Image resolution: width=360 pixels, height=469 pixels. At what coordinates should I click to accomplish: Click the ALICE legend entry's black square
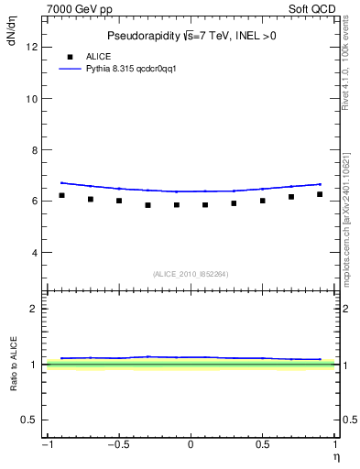pyautogui.click(x=71, y=56)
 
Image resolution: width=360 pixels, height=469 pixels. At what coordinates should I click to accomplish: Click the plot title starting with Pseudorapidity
pyautogui.click(x=191, y=36)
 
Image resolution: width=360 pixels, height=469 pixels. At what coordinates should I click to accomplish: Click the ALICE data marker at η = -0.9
pyautogui.click(x=61, y=195)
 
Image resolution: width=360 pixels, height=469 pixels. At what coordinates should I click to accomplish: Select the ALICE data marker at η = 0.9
pyautogui.click(x=320, y=194)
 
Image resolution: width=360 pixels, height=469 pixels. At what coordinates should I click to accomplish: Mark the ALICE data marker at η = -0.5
pyautogui.click(x=119, y=201)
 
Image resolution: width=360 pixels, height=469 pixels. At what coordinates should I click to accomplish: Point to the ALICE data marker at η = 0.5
pyautogui.click(x=262, y=201)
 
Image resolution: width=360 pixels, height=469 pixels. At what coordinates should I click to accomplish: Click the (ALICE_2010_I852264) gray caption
pyautogui.click(x=191, y=273)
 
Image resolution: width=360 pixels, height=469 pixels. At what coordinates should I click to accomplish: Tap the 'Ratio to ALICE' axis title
pyautogui.click(x=13, y=365)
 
